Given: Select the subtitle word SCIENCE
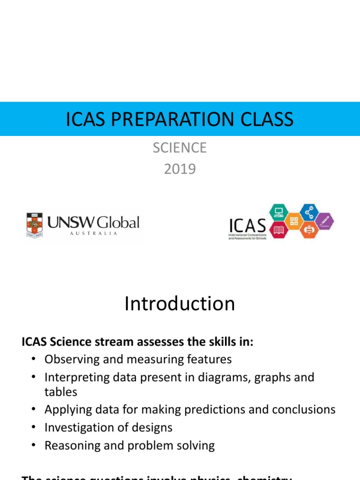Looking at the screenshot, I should [180, 148].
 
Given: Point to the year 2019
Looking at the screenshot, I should [180, 169].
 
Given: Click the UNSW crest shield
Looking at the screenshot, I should [34, 224].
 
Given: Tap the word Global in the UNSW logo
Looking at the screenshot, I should [118, 222].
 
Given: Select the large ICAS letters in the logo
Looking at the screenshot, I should [247, 224].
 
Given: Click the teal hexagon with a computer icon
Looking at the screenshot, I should [278, 213].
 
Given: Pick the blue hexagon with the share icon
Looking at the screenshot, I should [309, 213].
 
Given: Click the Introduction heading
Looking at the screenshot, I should [180, 304].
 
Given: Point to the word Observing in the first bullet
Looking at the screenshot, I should [68, 360].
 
